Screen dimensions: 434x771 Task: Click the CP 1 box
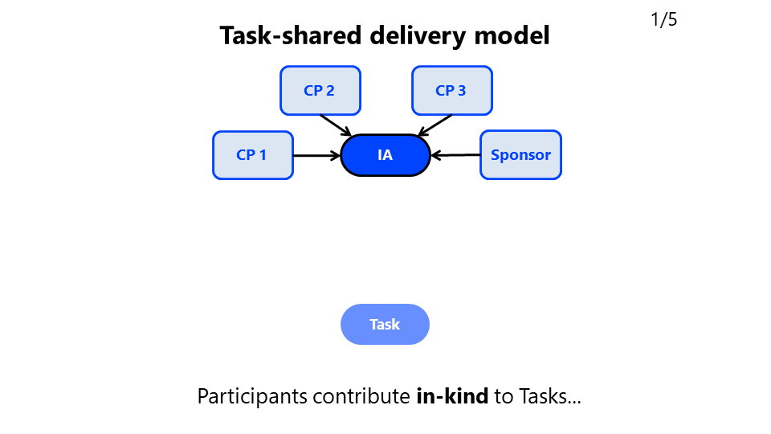coord(252,155)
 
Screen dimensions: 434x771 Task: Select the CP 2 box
coord(320,91)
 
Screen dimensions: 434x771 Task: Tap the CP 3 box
coord(451,91)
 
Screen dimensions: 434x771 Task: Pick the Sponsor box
coord(520,155)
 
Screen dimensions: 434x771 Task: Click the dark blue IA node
coord(385,155)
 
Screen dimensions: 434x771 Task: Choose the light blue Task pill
coord(385,325)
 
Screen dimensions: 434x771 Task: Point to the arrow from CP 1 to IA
coord(316,155)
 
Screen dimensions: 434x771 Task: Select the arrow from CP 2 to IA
coord(335,125)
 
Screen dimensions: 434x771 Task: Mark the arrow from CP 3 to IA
coord(436,125)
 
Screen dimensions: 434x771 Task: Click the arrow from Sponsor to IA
coord(455,155)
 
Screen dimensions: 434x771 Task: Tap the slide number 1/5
coord(663,20)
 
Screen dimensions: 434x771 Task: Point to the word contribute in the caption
coord(361,396)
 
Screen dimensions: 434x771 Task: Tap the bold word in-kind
coord(451,396)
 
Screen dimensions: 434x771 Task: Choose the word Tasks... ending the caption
coord(549,396)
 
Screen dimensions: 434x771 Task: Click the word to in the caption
coord(504,396)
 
